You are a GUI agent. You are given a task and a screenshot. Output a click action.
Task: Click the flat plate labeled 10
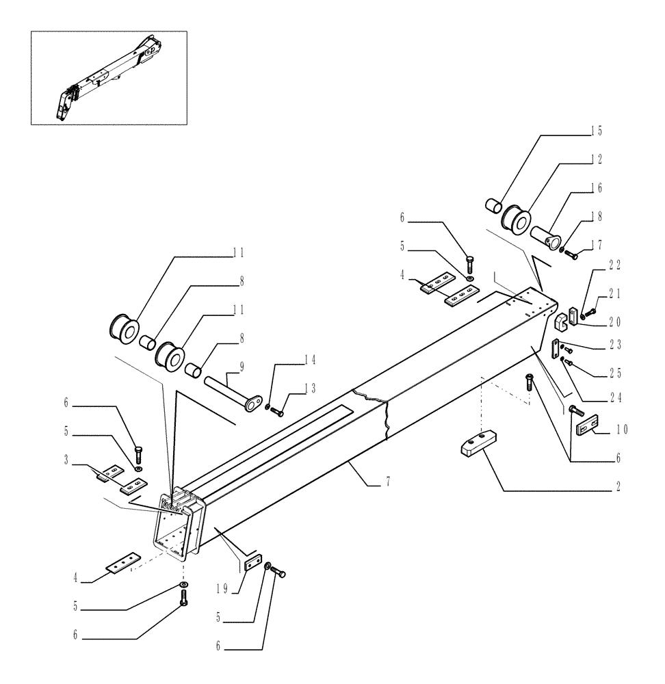tap(588, 427)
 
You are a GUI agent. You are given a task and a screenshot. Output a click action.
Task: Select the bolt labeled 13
tap(277, 411)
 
